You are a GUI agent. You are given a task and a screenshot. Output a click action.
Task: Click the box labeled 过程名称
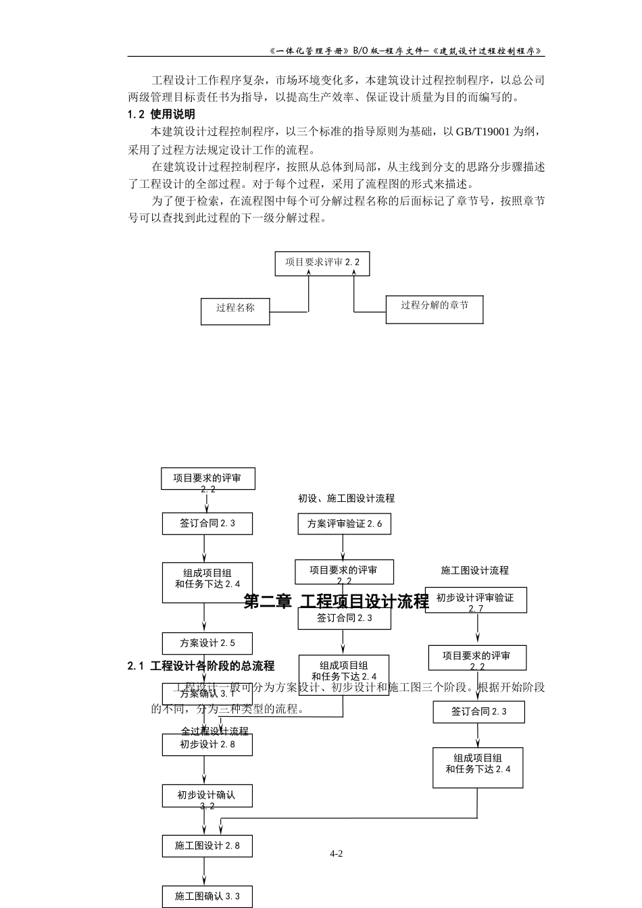[x=236, y=311]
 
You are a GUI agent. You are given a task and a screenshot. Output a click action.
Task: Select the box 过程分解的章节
[x=435, y=308]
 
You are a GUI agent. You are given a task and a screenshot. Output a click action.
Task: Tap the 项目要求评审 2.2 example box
[x=322, y=263]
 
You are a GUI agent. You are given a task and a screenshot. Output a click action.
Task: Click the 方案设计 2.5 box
[x=207, y=643]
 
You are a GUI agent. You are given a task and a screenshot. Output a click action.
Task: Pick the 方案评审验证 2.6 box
[x=345, y=524]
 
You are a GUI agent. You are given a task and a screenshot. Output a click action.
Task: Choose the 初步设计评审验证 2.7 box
[x=476, y=600]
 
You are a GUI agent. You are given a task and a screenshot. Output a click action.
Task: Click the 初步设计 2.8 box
[x=207, y=745]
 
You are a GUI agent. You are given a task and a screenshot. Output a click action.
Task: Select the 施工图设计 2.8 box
[x=207, y=845]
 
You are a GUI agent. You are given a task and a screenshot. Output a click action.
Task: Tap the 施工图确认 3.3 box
[x=207, y=897]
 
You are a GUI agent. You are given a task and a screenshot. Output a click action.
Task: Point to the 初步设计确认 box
[x=207, y=795]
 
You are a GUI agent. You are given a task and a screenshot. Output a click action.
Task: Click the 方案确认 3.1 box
[x=207, y=693]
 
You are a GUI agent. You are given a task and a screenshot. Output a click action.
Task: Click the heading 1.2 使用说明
[x=162, y=114]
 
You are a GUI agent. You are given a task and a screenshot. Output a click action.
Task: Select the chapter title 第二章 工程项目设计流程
[x=336, y=601]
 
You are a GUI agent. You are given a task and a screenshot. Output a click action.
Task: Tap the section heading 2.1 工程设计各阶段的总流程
[x=201, y=666]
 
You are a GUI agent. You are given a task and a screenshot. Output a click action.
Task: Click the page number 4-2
[x=336, y=853]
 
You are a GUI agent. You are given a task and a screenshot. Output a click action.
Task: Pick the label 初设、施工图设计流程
[x=346, y=499]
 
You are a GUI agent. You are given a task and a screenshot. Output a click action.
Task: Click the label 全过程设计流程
[x=214, y=731]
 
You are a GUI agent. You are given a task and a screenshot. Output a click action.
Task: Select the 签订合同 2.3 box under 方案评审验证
[x=345, y=618]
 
